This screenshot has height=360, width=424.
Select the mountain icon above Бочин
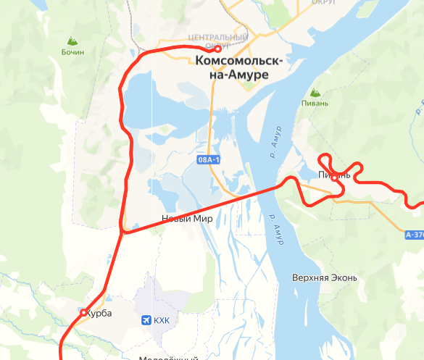coord(72,41)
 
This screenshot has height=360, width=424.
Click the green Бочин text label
coord(72,52)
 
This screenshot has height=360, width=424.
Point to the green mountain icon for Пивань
coord(315,93)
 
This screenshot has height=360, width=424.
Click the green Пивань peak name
coord(315,104)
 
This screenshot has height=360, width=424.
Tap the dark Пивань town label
coord(334,175)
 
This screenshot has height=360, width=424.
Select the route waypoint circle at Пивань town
coord(335,179)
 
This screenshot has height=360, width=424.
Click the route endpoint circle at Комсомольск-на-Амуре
coord(217,49)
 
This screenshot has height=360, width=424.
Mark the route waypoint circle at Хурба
coord(83,312)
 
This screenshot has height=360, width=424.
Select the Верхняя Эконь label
coord(324,277)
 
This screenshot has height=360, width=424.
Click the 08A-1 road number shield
coord(208,159)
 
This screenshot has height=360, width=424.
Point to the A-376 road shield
coord(415,235)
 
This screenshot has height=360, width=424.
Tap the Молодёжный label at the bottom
coord(168,357)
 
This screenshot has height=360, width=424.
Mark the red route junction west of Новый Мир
coord(124,232)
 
